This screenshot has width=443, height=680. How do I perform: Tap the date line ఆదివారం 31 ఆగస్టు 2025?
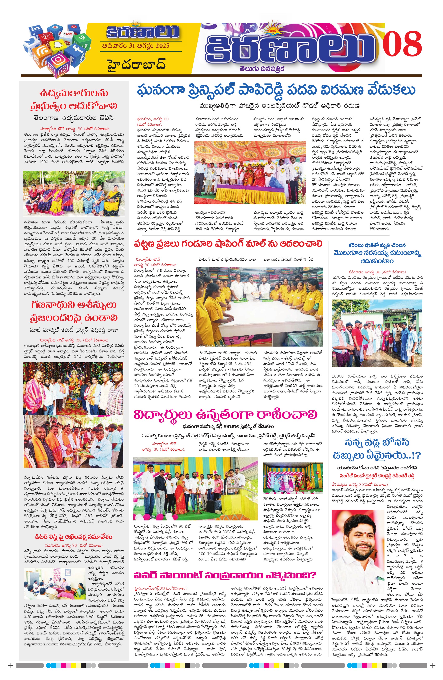pos(135,46)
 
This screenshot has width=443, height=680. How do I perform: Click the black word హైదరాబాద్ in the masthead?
pos(137,65)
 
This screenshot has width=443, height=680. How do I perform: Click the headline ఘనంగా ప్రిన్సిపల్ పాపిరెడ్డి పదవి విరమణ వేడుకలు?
pos(276,90)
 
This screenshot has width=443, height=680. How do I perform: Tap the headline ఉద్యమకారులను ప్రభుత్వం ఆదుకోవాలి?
pos(74,99)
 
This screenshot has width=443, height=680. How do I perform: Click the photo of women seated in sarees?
pos(74,194)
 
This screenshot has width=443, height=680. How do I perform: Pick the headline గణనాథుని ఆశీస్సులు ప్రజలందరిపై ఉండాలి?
pos(74,311)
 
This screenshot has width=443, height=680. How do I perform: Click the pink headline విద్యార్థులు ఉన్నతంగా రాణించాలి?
pos(226,415)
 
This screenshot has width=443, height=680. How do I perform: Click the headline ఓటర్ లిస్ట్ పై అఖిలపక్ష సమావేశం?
pos(74,537)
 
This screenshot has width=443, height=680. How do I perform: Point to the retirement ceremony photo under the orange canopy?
pos(250,173)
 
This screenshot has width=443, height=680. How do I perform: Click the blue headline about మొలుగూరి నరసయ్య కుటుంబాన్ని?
pos(377,253)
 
